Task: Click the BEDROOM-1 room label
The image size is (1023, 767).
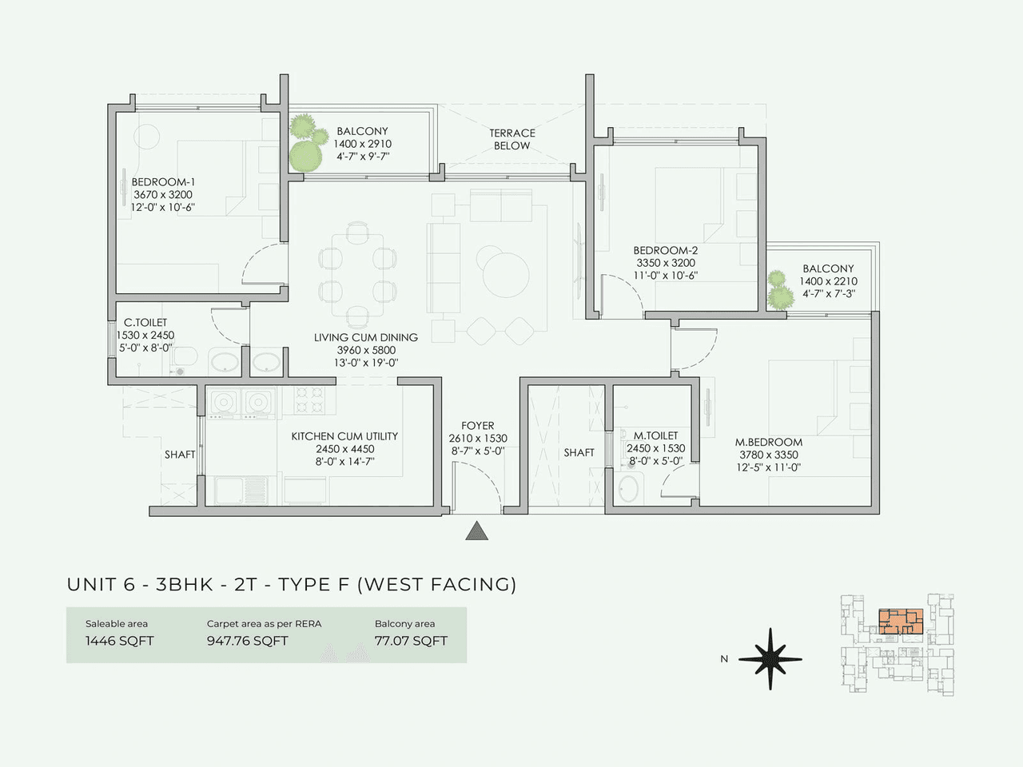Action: pyautogui.click(x=163, y=182)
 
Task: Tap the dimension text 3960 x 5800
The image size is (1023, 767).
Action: pyautogui.click(x=366, y=350)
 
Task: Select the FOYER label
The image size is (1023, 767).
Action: pyautogui.click(x=478, y=426)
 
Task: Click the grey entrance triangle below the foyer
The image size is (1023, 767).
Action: pyautogui.click(x=477, y=531)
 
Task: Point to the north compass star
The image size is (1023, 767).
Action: pyautogui.click(x=770, y=659)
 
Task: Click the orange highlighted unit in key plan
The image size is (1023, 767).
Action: pyautogui.click(x=901, y=621)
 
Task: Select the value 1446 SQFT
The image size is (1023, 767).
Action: pyautogui.click(x=120, y=641)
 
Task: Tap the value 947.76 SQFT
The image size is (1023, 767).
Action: pyautogui.click(x=247, y=641)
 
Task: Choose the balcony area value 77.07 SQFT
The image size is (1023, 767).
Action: pyautogui.click(x=411, y=641)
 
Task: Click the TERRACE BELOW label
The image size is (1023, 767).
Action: pyautogui.click(x=512, y=139)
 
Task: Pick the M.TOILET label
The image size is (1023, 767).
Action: pyautogui.click(x=655, y=435)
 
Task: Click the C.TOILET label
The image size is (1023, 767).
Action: pyautogui.click(x=145, y=323)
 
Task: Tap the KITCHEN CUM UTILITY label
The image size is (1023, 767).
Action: pyautogui.click(x=344, y=436)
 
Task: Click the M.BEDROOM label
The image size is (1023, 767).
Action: pyautogui.click(x=769, y=442)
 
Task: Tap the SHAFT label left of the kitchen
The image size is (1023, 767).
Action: pyautogui.click(x=180, y=455)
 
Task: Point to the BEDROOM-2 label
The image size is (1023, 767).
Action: pyautogui.click(x=666, y=250)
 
